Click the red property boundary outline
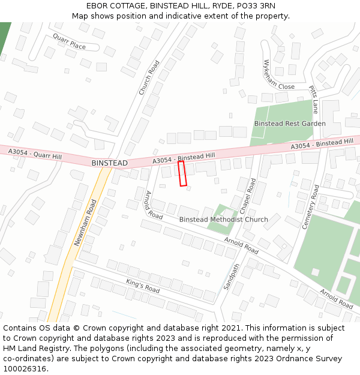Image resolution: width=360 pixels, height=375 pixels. coord(182,173)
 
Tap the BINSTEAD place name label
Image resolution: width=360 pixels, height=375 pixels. coord(109,163)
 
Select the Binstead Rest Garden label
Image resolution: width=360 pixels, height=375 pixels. coord(289,124)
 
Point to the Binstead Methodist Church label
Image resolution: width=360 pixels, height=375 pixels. coord(223,220)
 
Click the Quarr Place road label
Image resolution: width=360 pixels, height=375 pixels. coord(69,41)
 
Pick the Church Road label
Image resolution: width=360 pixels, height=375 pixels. coord(149,77)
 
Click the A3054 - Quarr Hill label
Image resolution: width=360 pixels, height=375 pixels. coord(35,155)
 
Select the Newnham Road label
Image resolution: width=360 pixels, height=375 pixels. coord(85,223)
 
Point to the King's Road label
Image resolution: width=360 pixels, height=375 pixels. coord(143,286)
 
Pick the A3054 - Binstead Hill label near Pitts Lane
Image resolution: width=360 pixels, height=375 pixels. coord(322,144)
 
